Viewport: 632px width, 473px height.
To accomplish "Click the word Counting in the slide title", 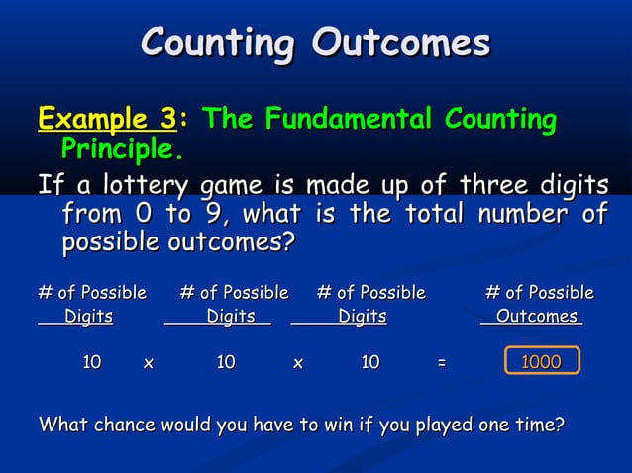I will (x=219, y=43).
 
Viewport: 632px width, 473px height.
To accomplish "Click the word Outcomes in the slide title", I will (x=401, y=43).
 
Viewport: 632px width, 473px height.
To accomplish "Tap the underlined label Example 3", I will (x=106, y=121).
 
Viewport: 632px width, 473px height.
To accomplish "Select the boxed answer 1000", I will (x=541, y=363).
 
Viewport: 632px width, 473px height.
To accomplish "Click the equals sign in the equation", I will (x=441, y=363).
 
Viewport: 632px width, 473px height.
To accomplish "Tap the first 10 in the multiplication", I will (x=91, y=363).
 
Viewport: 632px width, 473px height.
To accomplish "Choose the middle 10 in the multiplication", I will (x=226, y=363).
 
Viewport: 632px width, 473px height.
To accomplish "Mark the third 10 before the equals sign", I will (x=370, y=363).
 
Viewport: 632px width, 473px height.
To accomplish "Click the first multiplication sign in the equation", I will (x=149, y=363).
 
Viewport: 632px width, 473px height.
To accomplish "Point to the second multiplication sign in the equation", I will (x=297, y=363).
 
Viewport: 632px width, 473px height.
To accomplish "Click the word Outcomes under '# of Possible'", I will (x=536, y=317).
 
